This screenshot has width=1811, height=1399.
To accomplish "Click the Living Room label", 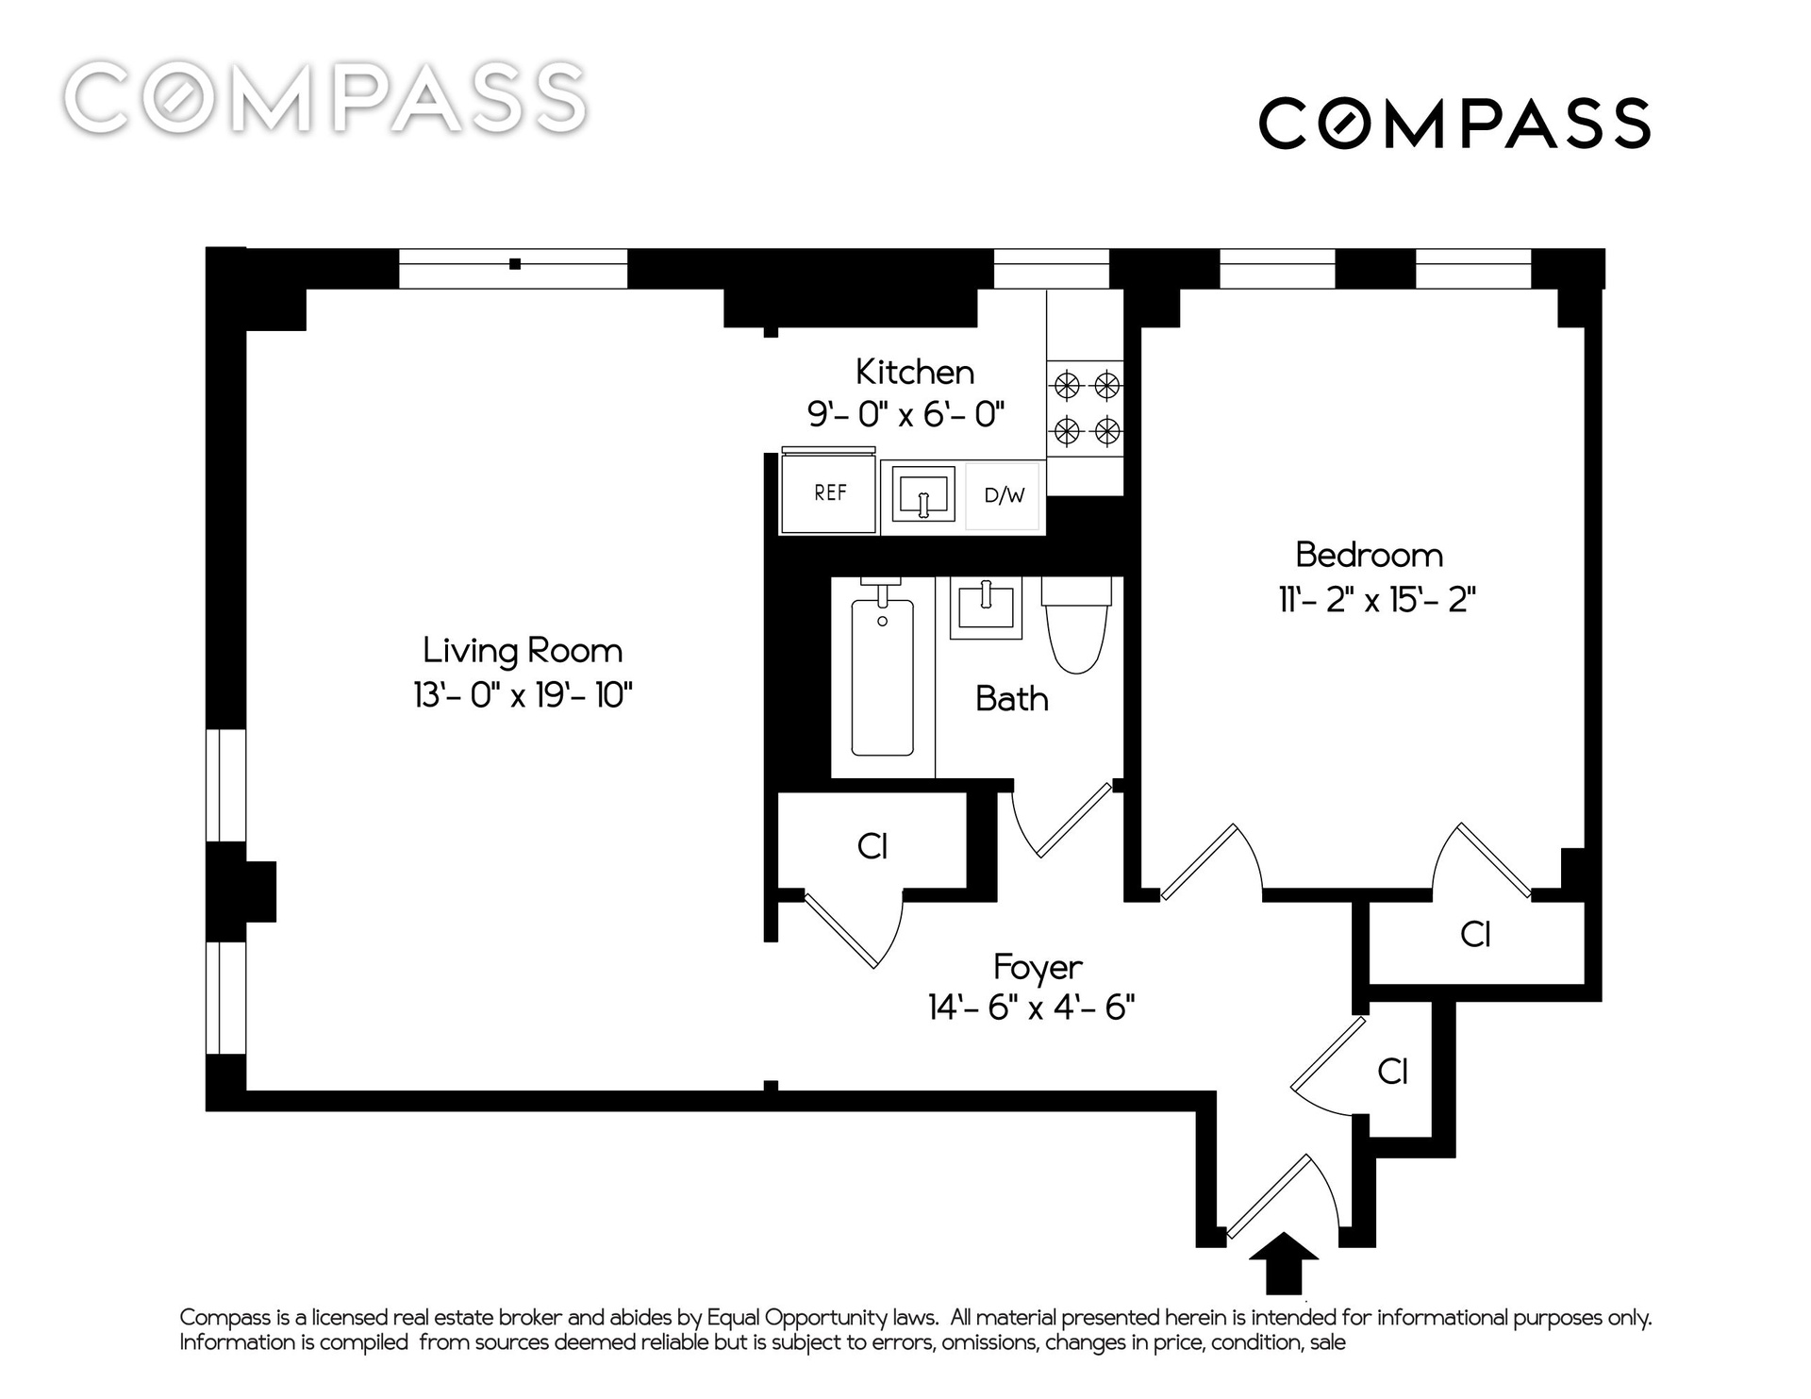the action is (x=523, y=651).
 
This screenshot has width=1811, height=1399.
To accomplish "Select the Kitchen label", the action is (x=915, y=372).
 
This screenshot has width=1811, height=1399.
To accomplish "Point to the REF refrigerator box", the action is (x=829, y=492).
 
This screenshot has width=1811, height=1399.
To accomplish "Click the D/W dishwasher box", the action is (x=1004, y=495).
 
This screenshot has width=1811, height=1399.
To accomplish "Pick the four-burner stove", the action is (x=1086, y=409).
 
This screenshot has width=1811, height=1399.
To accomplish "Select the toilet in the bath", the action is (x=1076, y=625).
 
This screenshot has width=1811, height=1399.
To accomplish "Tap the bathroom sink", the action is (x=986, y=608).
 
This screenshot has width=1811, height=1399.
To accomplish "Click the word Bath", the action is (x=1011, y=699).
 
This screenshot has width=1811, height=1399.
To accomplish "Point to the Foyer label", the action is (x=1038, y=967).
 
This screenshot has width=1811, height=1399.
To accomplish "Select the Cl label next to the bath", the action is (x=872, y=846).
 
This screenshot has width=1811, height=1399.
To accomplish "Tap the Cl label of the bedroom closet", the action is (x=1475, y=934).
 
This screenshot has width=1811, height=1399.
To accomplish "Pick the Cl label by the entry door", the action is (x=1392, y=1071).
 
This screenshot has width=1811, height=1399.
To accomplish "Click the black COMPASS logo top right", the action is (x=1454, y=123).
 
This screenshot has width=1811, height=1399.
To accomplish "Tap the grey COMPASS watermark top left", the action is (x=325, y=96).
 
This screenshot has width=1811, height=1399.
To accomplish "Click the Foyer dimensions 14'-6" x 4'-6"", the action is (x=1031, y=1008).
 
